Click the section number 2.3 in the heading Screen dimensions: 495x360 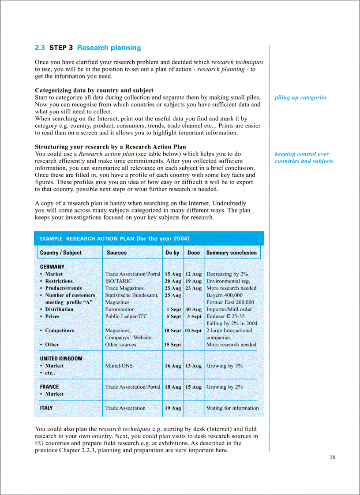(x=40, y=48)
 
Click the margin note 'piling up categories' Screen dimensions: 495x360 (x=300, y=97)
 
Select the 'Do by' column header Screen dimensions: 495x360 (x=172, y=253)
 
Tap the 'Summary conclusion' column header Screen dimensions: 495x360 (x=231, y=253)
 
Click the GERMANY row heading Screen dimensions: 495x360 (x=52, y=267)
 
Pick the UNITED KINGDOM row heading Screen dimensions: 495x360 (x=61, y=358)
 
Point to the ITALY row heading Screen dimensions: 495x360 (x=46, y=408)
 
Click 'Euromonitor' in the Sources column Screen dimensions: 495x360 (x=119, y=309)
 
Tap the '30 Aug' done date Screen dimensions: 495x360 (x=193, y=309)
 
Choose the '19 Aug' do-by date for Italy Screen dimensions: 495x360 (x=173, y=408)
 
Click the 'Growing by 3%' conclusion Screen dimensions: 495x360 (x=225, y=366)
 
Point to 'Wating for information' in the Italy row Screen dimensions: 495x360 (x=232, y=408)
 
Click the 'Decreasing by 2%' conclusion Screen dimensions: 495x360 (x=227, y=274)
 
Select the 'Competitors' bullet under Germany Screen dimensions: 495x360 (x=60, y=331)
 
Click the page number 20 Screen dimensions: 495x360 (x=332, y=458)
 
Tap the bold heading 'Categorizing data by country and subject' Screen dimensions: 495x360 (x=94, y=90)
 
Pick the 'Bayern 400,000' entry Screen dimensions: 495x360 (x=225, y=295)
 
